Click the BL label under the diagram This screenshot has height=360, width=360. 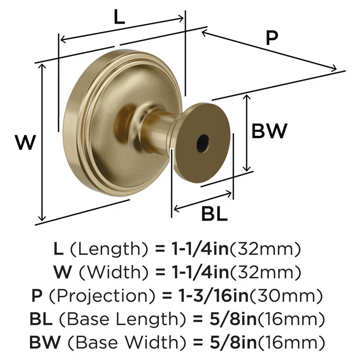point(214,215)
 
